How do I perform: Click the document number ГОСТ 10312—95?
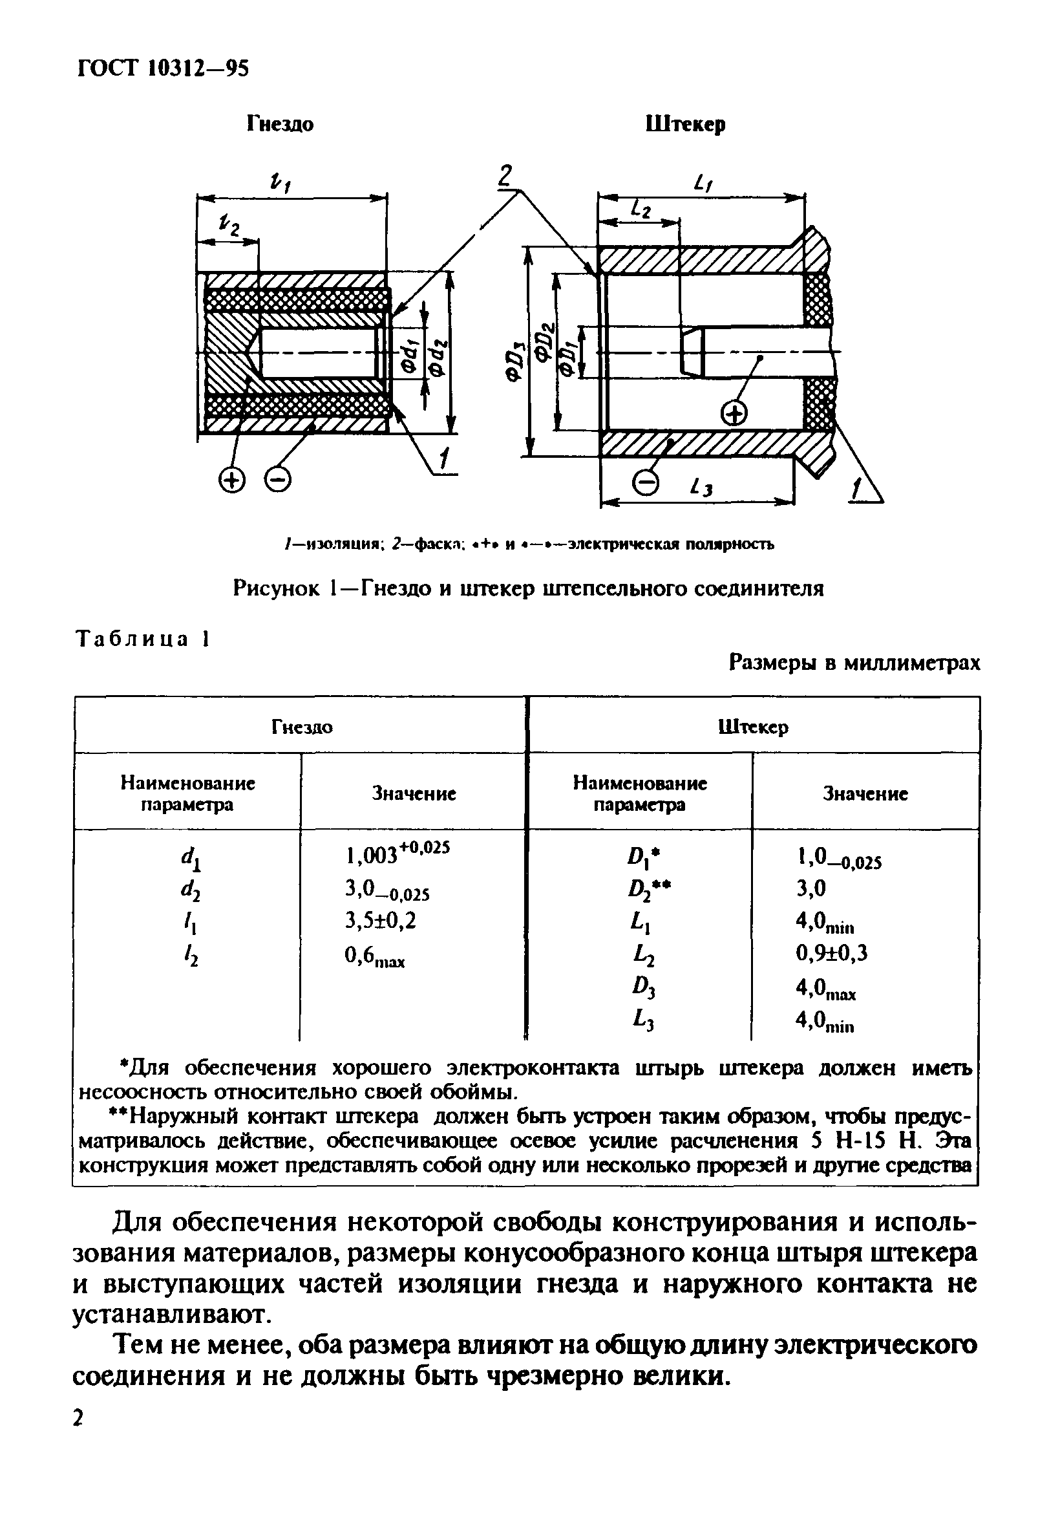pyautogui.click(x=164, y=68)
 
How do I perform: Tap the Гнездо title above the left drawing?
pyautogui.click(x=280, y=124)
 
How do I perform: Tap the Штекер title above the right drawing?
pyautogui.click(x=685, y=124)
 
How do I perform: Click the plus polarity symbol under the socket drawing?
pyautogui.click(x=231, y=480)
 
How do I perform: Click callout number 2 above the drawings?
pyautogui.click(x=504, y=176)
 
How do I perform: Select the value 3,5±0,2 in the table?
pyautogui.click(x=381, y=921)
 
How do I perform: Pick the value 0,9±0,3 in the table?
pyautogui.click(x=831, y=953)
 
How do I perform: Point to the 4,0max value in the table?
pyautogui.click(x=825, y=989)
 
